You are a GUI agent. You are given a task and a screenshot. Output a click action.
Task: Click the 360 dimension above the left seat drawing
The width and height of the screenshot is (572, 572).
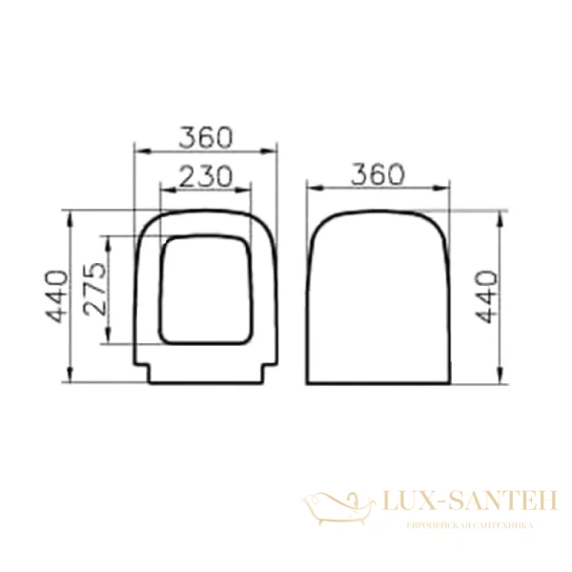point(205,137)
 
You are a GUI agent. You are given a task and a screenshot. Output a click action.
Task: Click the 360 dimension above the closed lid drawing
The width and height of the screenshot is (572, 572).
point(378,174)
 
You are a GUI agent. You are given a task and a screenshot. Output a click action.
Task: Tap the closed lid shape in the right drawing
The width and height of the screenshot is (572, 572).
point(378,296)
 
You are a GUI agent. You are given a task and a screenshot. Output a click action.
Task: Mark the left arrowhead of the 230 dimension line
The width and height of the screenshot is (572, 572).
point(160,188)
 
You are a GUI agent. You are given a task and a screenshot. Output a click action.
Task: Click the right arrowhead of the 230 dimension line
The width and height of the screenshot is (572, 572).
point(250,188)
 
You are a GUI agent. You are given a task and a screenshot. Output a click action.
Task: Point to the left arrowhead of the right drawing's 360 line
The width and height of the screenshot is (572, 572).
point(311,188)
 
